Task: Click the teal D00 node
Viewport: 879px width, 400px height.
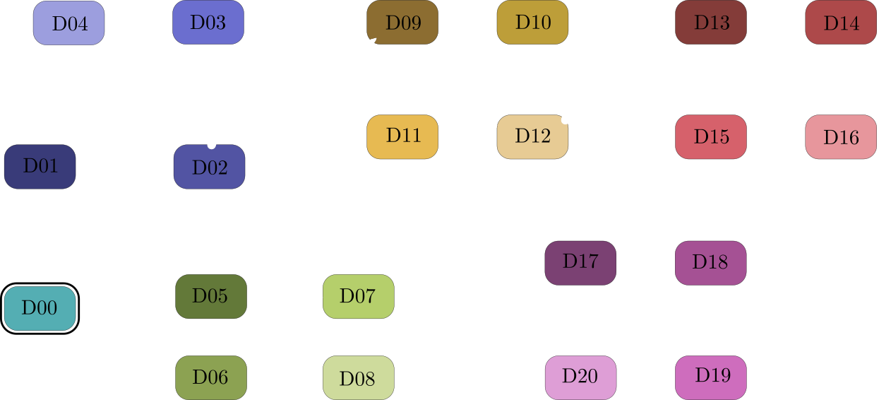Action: [40, 308]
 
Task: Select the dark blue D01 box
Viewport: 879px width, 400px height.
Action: [40, 167]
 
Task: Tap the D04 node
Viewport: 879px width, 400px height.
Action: [69, 23]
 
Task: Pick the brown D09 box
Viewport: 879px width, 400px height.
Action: [402, 23]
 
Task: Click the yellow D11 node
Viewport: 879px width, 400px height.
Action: [402, 136]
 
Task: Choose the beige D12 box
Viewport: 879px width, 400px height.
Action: [532, 136]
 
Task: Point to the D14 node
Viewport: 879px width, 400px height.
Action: [841, 23]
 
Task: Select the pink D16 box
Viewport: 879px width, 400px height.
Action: [841, 136]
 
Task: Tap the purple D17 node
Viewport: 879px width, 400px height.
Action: [580, 262]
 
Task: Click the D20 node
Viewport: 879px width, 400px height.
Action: [580, 376]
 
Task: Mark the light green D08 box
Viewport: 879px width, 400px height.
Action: [358, 378]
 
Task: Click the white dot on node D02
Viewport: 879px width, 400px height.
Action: [210, 145]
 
